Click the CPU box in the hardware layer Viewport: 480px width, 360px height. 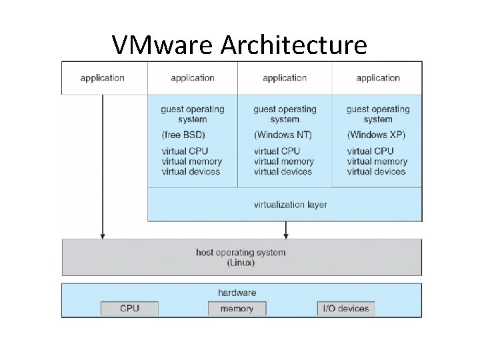click(x=129, y=309)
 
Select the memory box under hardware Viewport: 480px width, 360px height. click(x=237, y=309)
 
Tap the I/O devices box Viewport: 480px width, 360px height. click(x=345, y=309)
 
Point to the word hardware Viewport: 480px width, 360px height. click(x=237, y=292)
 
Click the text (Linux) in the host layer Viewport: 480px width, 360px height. click(x=241, y=263)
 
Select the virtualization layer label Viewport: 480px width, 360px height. click(x=290, y=204)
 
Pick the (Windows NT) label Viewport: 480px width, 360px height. click(x=283, y=135)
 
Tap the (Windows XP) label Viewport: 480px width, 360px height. click(x=376, y=135)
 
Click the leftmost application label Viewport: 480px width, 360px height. click(x=102, y=77)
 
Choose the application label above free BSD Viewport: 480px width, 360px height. click(x=192, y=77)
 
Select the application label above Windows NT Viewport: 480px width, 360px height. click(x=284, y=77)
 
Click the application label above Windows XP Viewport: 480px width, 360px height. click(x=378, y=77)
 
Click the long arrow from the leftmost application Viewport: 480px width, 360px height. click(x=102, y=167)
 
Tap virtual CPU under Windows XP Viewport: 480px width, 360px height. click(x=370, y=151)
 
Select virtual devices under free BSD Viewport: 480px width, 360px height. click(x=190, y=171)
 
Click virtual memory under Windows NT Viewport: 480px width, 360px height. click(x=283, y=161)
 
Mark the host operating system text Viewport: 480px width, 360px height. click(x=241, y=253)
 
